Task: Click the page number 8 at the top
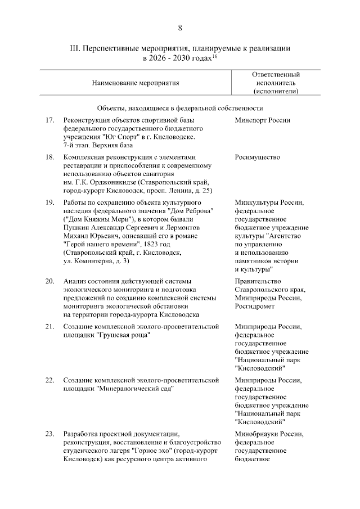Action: (x=180, y=28)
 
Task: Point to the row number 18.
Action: (x=49, y=157)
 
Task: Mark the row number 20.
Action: (x=49, y=281)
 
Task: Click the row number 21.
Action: (x=49, y=326)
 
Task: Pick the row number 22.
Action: (x=49, y=380)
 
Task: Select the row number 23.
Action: (x=49, y=434)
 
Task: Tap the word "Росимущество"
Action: (x=258, y=157)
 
